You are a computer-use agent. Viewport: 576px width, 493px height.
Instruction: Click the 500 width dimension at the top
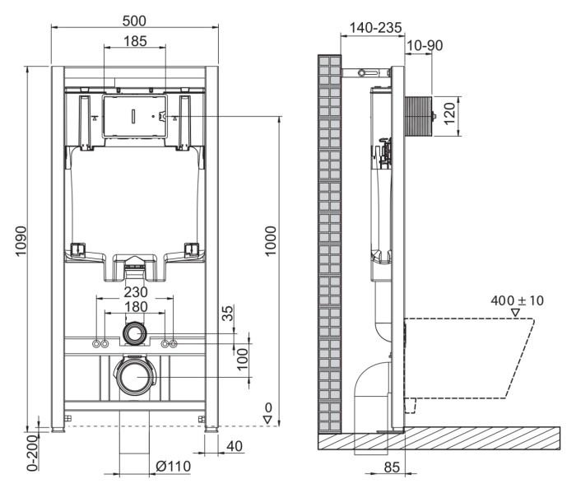pos(135,18)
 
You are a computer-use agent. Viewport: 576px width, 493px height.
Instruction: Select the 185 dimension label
pos(135,40)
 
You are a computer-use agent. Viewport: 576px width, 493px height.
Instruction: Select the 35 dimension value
pos(228,313)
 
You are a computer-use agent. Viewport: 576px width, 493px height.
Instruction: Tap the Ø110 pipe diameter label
pos(173,467)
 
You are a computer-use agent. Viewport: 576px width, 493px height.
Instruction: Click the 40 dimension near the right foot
pos(234,447)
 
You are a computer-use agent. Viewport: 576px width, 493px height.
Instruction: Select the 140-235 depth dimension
pos(375,27)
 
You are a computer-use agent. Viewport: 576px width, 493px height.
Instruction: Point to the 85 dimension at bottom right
pos(393,467)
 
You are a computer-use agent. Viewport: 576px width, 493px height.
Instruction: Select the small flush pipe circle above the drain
pos(135,333)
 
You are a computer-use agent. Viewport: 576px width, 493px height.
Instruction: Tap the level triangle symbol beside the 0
pos(267,420)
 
